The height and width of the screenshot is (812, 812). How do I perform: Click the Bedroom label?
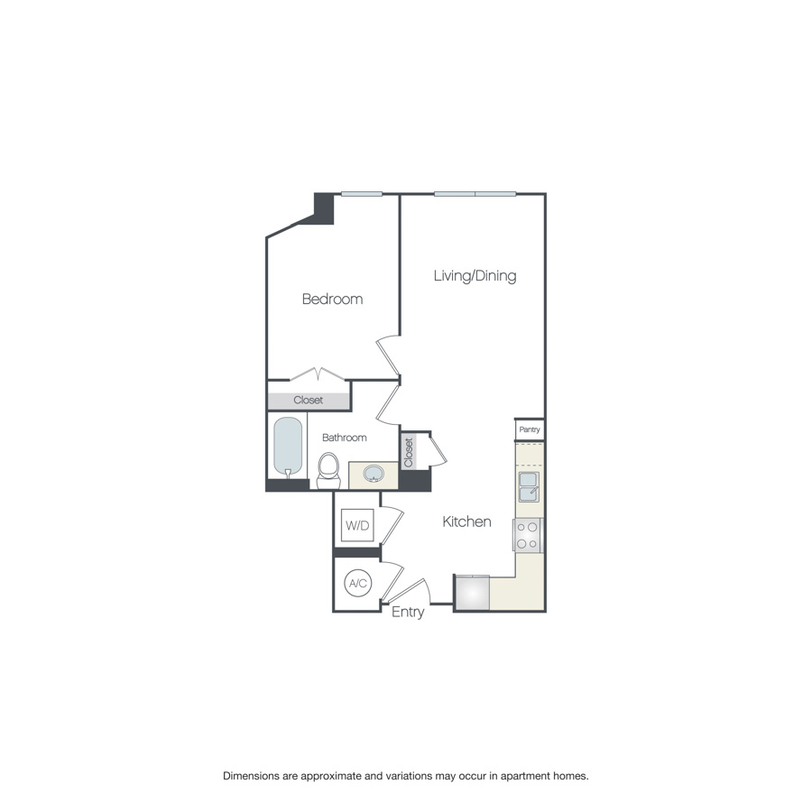click(x=332, y=299)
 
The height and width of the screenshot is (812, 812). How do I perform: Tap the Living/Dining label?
click(x=475, y=275)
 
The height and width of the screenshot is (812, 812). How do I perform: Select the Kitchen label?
click(x=466, y=521)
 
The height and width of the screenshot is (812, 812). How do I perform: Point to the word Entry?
click(x=408, y=613)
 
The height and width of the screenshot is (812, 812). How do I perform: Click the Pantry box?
click(x=530, y=429)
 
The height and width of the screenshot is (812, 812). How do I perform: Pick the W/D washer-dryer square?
click(x=357, y=525)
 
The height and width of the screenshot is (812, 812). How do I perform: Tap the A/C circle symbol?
click(x=358, y=584)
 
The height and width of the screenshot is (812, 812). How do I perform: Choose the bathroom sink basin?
click(x=374, y=474)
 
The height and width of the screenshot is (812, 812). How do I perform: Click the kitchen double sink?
click(x=528, y=487)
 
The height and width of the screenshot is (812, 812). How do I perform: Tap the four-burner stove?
click(x=528, y=535)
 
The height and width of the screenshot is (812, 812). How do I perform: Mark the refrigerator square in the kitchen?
click(x=472, y=593)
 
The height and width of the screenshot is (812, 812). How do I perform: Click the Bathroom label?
click(x=345, y=438)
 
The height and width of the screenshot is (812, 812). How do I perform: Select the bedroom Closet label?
click(x=309, y=400)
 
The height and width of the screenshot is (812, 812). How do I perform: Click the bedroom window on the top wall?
click(x=361, y=193)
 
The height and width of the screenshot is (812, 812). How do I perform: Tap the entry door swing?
click(x=408, y=591)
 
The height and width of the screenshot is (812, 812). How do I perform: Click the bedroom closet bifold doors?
click(x=318, y=373)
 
